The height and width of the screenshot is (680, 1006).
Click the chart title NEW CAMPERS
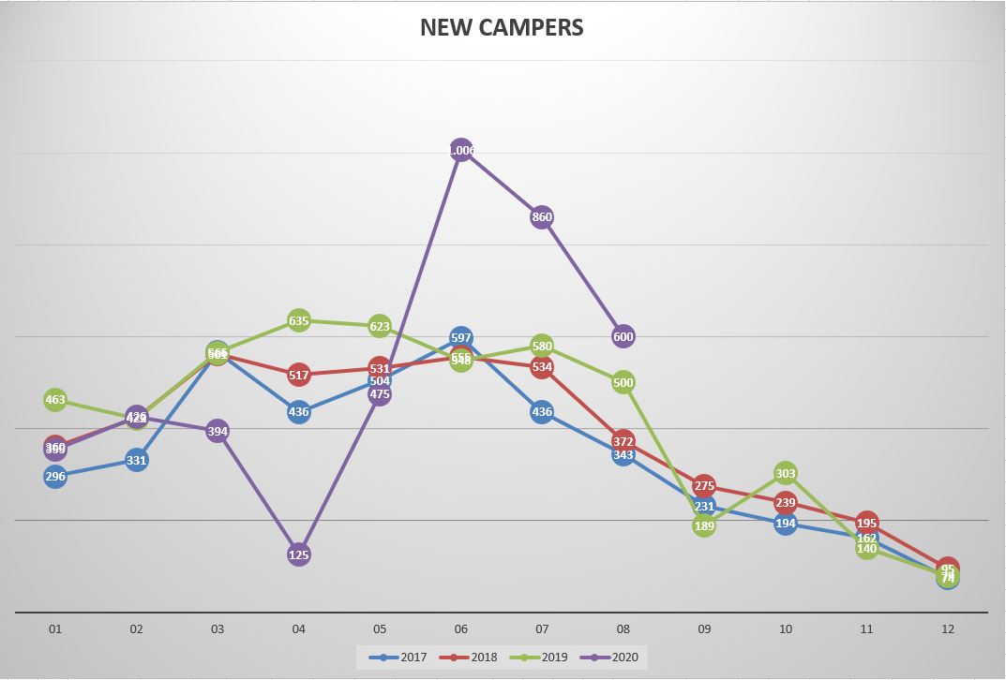click(502, 28)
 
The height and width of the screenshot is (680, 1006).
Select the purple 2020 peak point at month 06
click(460, 151)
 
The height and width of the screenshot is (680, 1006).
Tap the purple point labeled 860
click(542, 217)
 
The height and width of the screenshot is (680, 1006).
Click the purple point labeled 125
click(299, 554)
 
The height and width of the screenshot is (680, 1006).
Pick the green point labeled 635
click(299, 321)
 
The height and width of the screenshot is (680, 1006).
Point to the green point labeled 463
click(55, 400)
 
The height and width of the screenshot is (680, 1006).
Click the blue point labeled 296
click(55, 477)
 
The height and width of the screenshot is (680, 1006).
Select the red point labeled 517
click(299, 376)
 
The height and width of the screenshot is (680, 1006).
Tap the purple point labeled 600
click(623, 336)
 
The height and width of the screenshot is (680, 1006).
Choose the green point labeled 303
click(786, 474)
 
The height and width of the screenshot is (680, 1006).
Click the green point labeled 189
click(704, 526)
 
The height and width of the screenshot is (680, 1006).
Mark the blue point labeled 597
click(460, 337)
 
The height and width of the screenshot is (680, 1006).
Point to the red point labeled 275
click(704, 486)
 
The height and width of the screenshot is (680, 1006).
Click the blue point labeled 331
click(137, 460)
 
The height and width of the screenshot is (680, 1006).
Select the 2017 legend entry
click(398, 658)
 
